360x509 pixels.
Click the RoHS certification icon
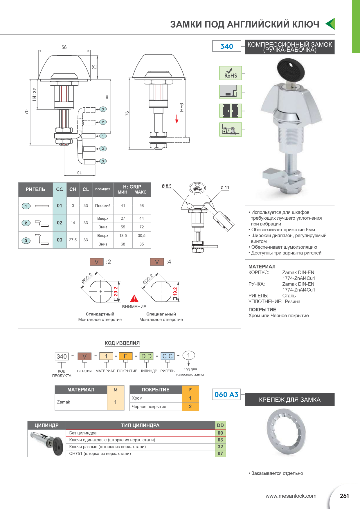click(231, 73)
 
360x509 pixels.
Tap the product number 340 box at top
click(227, 46)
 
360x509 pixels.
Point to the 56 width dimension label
click(64, 47)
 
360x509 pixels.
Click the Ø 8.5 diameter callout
click(167, 186)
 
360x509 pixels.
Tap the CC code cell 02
click(60, 223)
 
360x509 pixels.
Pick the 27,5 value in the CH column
click(73, 240)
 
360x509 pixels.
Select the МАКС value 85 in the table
click(141, 244)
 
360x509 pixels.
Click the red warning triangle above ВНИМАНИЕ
click(134, 299)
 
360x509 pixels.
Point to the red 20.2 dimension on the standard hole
click(116, 291)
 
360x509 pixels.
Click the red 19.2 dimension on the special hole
click(175, 292)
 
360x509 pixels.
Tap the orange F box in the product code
click(125, 356)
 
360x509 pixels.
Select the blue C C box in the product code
click(168, 356)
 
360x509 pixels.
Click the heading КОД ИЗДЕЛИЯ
click(122, 343)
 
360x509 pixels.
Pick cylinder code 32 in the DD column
click(220, 447)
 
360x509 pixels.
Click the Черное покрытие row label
click(149, 407)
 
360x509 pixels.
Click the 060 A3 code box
click(226, 394)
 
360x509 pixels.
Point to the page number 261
click(344, 496)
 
